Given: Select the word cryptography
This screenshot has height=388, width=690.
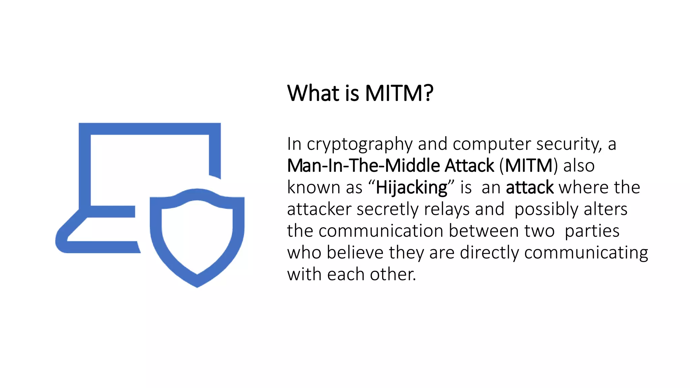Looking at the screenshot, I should [359, 144].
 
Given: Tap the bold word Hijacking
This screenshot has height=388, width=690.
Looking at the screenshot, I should [411, 188].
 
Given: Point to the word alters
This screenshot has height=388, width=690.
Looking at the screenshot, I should [605, 209].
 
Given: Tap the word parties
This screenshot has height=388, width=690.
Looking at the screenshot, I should [592, 231].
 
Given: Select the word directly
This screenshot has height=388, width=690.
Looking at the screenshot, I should [490, 253].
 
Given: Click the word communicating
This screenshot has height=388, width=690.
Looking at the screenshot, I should [586, 253].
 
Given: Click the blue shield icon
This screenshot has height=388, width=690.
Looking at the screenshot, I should [197, 236].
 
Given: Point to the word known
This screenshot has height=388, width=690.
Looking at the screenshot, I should [313, 188].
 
